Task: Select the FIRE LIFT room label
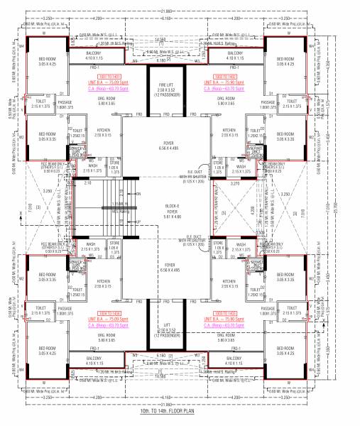[163, 87]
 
